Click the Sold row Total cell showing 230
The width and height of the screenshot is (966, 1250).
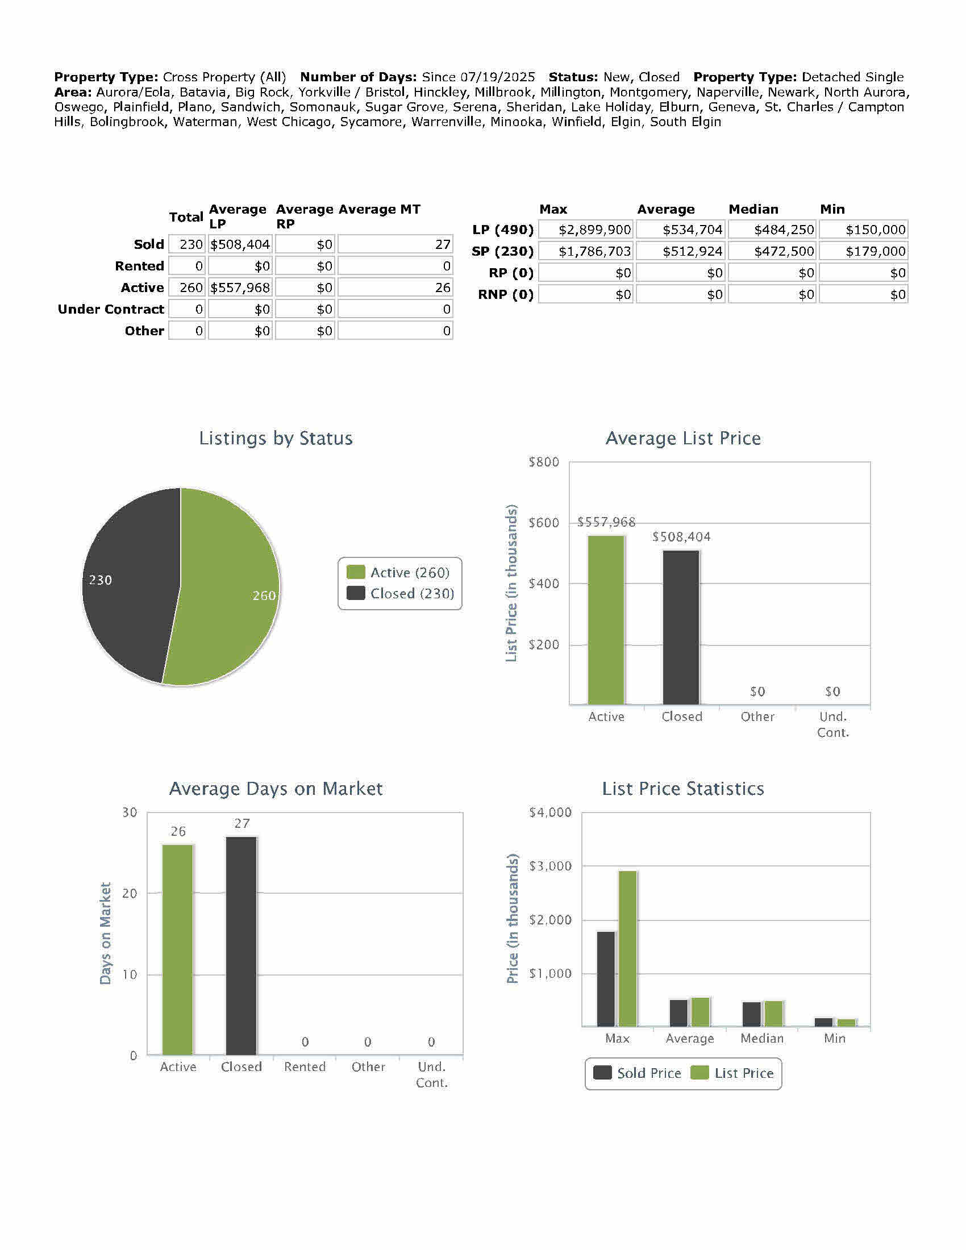coord(187,244)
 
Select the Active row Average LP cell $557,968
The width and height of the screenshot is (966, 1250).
coord(240,287)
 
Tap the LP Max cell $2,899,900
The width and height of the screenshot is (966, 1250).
coord(586,230)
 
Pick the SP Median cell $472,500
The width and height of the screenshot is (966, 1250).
coord(772,251)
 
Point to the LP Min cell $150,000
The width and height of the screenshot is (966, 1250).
coord(864,230)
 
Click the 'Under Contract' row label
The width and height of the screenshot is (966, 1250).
coord(111,309)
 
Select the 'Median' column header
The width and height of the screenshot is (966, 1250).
coord(753,209)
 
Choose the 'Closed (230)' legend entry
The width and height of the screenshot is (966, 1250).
coord(401,594)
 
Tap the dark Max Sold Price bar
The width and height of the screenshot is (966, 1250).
coord(606,979)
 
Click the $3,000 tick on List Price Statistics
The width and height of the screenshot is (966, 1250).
coord(550,866)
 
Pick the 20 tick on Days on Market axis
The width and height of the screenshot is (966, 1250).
coord(130,893)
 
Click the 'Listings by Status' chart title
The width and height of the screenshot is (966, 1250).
coord(276,438)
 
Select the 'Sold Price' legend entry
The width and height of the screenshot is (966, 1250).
coord(638,1073)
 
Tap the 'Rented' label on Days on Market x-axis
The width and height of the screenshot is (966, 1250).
coord(305,1067)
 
